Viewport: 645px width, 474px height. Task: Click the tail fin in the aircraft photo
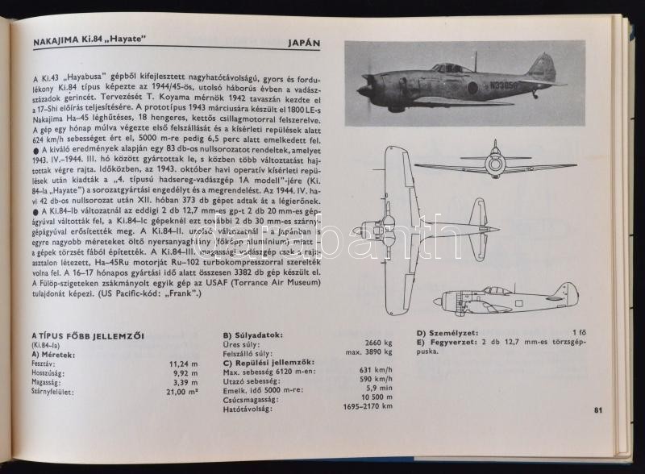coord(543,68)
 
